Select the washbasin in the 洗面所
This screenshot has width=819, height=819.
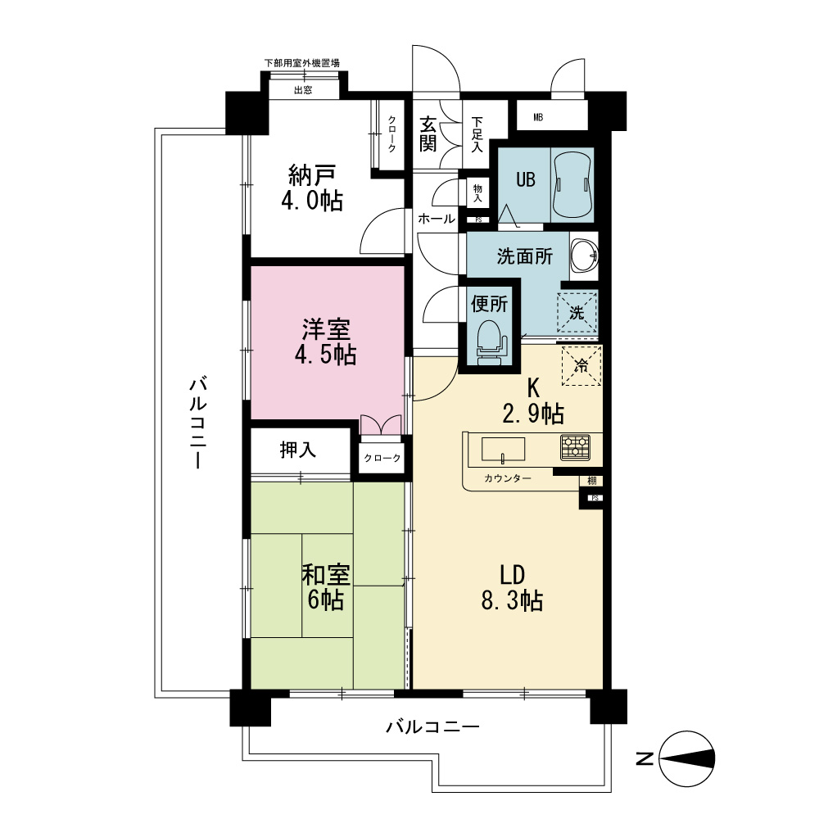point(584,256)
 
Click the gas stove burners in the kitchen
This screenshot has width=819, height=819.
point(575,448)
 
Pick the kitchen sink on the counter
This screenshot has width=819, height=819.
point(503,450)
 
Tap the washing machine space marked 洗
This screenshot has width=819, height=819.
point(577,312)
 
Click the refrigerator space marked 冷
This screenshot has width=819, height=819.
point(581,365)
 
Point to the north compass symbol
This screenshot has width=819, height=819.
point(687,758)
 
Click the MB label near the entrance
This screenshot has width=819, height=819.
point(538,117)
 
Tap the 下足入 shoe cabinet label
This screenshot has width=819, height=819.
point(477,135)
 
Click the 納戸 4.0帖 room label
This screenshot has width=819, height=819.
point(312,188)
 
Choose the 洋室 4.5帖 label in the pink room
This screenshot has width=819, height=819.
point(326,342)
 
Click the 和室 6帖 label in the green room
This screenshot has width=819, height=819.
point(326,587)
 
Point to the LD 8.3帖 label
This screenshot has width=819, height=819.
point(512,587)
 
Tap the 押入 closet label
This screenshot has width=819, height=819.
point(298,449)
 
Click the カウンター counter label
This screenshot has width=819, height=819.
point(508,478)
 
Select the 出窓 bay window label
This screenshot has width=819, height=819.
point(303,90)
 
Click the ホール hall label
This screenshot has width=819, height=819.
point(437,219)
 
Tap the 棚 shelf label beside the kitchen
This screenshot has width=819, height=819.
point(591,481)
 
